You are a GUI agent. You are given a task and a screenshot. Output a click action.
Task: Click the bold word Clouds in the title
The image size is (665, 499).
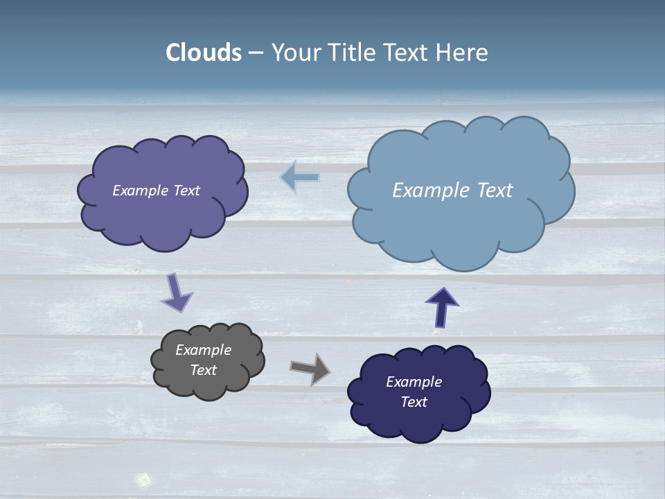pyautogui.click(x=204, y=53)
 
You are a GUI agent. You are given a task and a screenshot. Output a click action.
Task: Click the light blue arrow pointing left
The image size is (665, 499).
pyautogui.click(x=299, y=177)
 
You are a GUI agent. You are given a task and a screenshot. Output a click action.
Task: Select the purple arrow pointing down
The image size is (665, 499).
pyautogui.click(x=177, y=292)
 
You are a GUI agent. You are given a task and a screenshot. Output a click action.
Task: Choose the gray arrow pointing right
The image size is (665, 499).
pyautogui.click(x=310, y=368)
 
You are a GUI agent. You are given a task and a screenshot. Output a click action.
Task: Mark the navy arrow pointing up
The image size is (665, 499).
pyautogui.click(x=442, y=306)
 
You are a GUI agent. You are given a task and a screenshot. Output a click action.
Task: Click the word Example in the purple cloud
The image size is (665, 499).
pyautogui.click(x=140, y=191)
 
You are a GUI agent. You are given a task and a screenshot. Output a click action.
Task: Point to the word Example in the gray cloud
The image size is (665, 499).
pyautogui.click(x=203, y=350)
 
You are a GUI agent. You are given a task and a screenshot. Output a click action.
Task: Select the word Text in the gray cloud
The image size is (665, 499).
pyautogui.click(x=203, y=370)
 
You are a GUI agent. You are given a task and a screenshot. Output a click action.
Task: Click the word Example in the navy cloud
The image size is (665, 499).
pyautogui.click(x=414, y=382)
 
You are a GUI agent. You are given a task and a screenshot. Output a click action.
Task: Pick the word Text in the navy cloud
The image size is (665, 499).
pyautogui.click(x=414, y=402)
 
